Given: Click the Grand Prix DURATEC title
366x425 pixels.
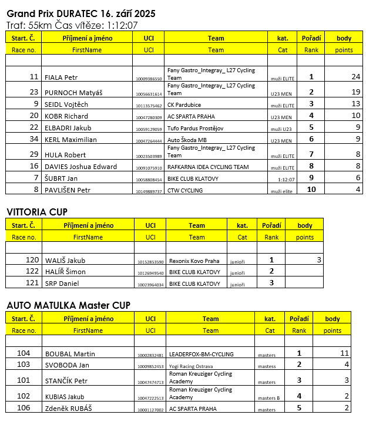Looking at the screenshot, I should (x=82, y=13).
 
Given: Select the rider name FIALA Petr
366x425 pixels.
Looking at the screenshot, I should (x=62, y=77).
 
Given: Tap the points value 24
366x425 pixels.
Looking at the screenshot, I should (x=355, y=77).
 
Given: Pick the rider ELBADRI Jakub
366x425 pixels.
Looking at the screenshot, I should (x=68, y=128).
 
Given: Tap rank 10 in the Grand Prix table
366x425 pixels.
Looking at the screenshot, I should (x=311, y=190).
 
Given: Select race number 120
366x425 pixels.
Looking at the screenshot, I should (x=32, y=260).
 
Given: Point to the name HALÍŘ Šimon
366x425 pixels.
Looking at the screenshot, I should (x=65, y=272).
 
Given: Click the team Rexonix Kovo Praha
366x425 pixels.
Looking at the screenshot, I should (x=194, y=261).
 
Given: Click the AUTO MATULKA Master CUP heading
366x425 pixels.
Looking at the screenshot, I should (x=68, y=306).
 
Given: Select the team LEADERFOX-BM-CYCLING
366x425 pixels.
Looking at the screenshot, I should (x=200, y=354).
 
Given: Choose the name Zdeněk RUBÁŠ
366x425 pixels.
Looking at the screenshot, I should (x=69, y=409).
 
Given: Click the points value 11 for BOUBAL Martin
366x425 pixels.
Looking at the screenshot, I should (x=345, y=353).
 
